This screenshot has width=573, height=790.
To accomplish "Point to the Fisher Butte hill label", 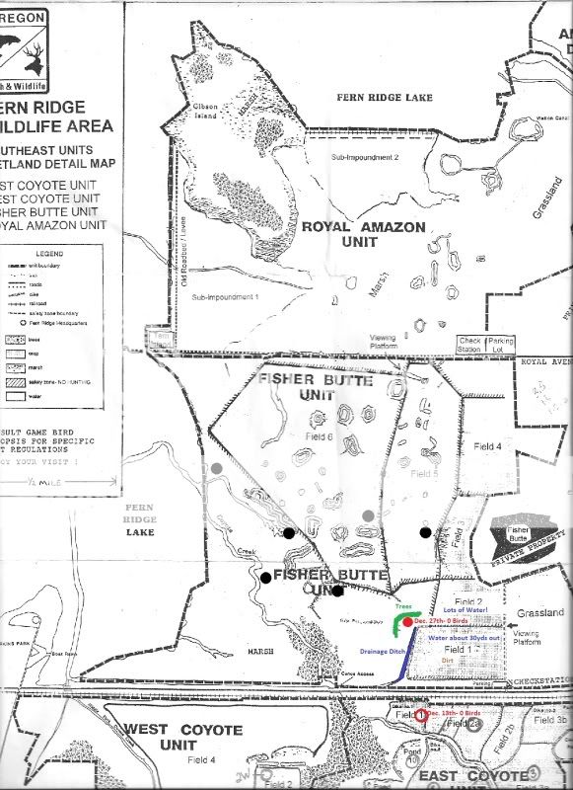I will pos(519,534).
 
